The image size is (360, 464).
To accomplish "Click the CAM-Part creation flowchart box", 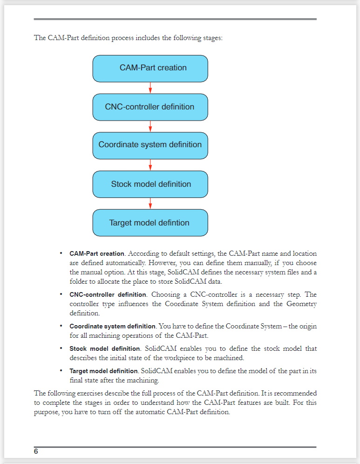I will tap(150, 68).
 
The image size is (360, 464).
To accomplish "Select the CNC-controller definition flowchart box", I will tap(150, 107).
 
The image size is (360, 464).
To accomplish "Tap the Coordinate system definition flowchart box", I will tap(150, 145).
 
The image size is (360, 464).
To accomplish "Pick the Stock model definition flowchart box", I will tap(150, 184).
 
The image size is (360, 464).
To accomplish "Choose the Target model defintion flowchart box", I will tap(150, 223).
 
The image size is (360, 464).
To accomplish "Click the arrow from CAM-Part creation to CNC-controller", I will tap(150, 88).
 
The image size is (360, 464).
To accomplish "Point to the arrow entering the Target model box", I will tap(150, 203).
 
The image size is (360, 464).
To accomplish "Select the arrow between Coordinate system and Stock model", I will tap(150, 164).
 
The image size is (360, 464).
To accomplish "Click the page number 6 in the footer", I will tap(36, 451).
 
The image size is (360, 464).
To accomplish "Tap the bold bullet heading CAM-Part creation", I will tap(97, 254).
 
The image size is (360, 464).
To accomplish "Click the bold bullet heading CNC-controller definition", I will tap(108, 295).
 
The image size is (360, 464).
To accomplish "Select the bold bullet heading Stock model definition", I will tap(105, 348).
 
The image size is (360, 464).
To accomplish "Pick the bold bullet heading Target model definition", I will tap(104, 371).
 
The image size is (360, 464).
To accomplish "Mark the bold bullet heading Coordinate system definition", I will tap(112, 326).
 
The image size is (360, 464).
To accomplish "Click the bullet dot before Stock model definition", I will tap(61, 348).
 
